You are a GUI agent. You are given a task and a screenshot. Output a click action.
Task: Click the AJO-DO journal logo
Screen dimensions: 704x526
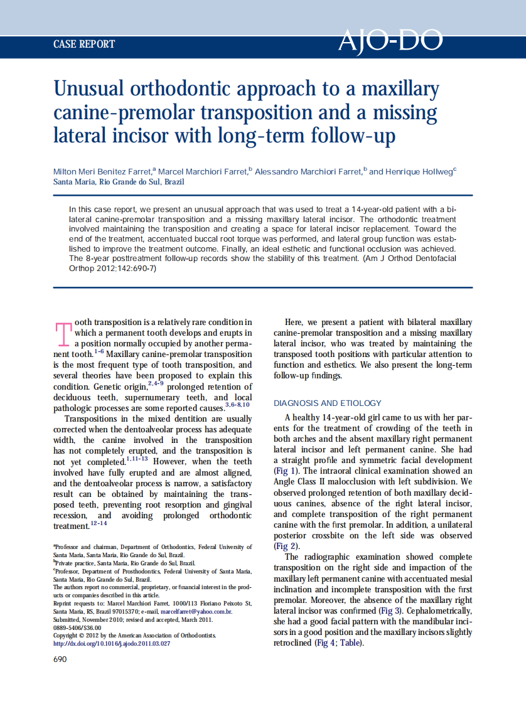coord(390,41)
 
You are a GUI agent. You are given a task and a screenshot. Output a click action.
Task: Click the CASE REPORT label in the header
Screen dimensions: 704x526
coord(84,44)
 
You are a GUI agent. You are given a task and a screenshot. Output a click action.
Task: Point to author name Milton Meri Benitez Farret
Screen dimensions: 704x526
coord(102,171)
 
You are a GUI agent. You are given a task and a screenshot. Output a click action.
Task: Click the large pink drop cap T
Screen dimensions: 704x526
coord(63,334)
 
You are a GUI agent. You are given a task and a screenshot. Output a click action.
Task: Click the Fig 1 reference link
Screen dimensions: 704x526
coord(289,471)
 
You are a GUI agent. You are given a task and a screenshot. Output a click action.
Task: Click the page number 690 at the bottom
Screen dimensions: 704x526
coord(60,659)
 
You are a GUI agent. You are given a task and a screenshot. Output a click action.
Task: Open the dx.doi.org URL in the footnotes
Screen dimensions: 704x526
coord(112,643)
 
